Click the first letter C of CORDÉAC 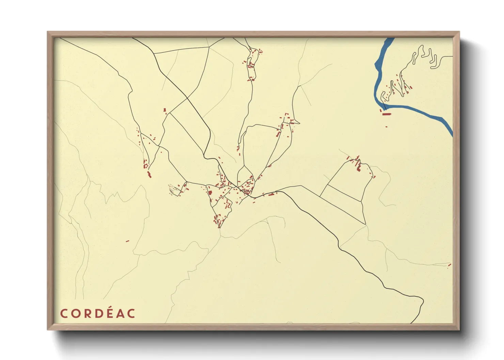(x=64, y=313)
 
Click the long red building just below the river (x=386, y=114)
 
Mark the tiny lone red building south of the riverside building (x=386, y=127)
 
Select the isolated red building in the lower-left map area (x=128, y=241)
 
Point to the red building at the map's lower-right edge (x=450, y=265)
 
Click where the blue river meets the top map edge (x=389, y=38)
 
